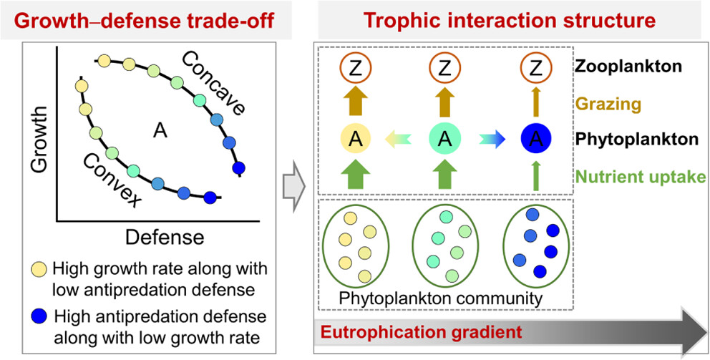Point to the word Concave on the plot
[x=219, y=84]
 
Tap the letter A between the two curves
[x=160, y=129]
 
